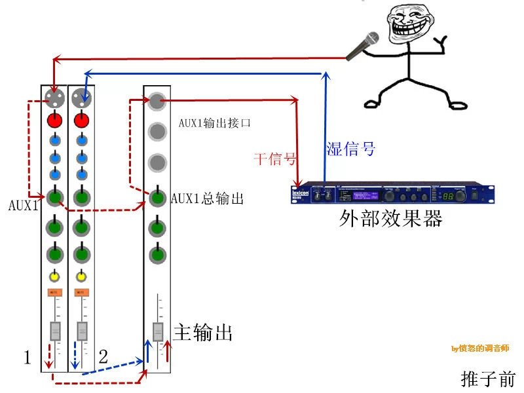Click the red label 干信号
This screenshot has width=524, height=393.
tap(275, 158)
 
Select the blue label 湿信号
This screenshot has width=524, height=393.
tap(350, 149)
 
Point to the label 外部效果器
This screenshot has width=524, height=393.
tap(391, 217)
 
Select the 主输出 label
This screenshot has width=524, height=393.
tap(203, 333)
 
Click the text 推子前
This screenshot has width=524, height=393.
tap(488, 378)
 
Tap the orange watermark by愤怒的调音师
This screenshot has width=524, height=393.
tap(480, 348)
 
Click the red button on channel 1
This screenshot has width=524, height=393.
tap(54, 121)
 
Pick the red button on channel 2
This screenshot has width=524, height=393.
tap(81, 121)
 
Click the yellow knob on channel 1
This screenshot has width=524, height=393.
tap(54, 276)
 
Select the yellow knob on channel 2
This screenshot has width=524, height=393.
tap(81, 276)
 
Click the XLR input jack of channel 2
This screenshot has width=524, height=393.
tap(81, 99)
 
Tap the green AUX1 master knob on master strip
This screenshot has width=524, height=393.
tap(157, 197)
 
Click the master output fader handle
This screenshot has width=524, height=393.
tap(158, 332)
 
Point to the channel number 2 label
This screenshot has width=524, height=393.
tap(103, 357)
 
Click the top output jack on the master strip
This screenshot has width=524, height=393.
tap(156, 100)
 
